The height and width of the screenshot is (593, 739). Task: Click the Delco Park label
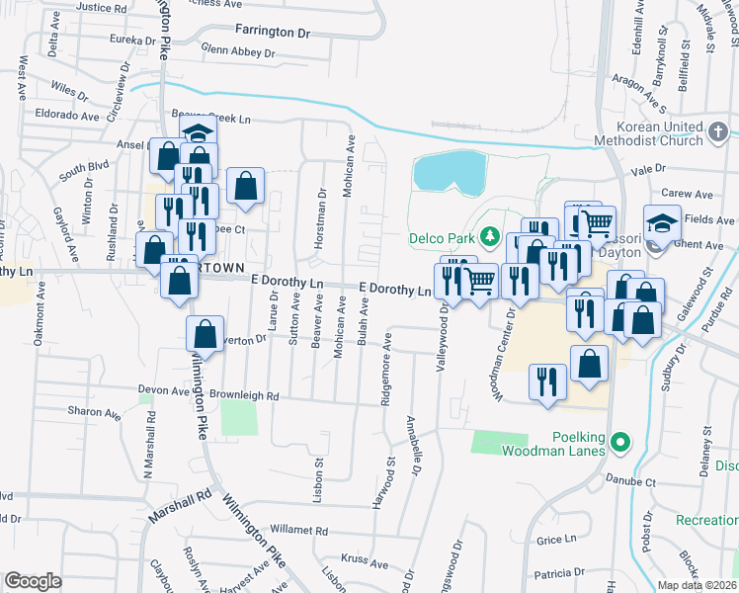click(441, 238)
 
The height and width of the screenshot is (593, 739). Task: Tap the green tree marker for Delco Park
click(487, 237)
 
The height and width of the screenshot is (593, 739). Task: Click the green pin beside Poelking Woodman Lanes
click(620, 442)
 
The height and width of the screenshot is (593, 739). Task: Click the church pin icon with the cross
click(718, 129)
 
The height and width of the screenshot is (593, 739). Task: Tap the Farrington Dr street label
click(273, 32)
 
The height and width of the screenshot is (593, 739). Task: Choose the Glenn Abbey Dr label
click(241, 47)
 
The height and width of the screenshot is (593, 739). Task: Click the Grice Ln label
click(556, 540)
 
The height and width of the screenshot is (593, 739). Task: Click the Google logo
click(33, 581)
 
